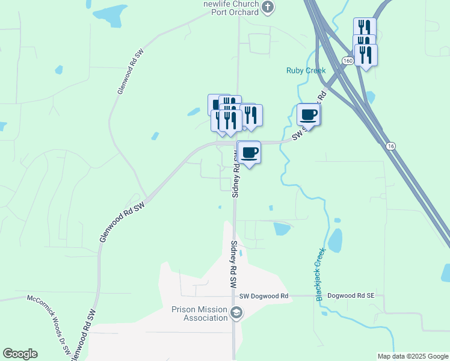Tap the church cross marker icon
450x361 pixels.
point(269,8)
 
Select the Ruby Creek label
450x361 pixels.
point(305,70)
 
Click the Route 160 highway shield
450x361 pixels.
point(347,61)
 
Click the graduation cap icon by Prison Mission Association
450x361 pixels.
point(236,313)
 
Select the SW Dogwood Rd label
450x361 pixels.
point(264,296)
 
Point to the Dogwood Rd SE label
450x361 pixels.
point(351,296)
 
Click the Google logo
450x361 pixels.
point(20,354)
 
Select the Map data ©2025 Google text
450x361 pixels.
point(413,356)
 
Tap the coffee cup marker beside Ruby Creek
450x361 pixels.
point(309,114)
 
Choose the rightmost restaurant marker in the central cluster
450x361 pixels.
point(251,115)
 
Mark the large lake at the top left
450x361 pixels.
point(106,13)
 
